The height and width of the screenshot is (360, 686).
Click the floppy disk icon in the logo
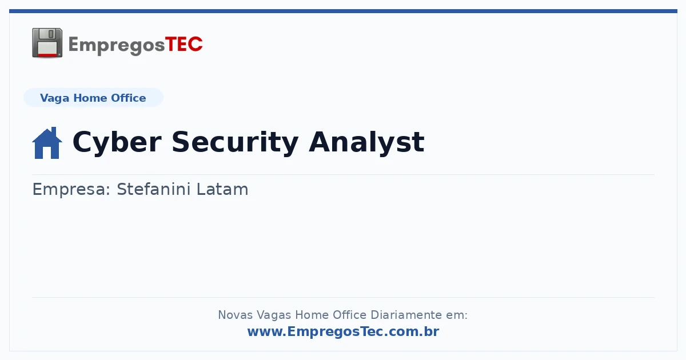(47, 43)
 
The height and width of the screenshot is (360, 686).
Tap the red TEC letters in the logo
(184, 44)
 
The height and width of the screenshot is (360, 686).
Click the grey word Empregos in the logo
(117, 46)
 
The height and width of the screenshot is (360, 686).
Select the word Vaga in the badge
(54, 98)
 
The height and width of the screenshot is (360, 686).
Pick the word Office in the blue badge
(128, 98)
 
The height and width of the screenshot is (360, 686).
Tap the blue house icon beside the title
(47, 143)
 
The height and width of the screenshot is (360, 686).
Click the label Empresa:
(71, 190)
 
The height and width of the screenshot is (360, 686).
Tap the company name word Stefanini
(154, 189)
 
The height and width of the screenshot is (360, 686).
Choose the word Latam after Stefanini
(222, 189)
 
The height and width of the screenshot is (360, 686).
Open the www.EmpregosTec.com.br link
(343, 331)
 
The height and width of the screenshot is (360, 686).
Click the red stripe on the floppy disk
(47, 55)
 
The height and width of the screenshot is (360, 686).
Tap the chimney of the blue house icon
(54, 131)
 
